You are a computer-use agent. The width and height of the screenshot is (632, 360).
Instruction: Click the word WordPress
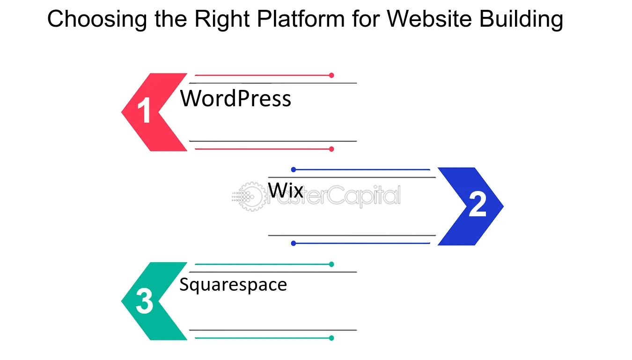(235, 98)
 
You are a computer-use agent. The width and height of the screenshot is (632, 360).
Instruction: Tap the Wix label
(286, 190)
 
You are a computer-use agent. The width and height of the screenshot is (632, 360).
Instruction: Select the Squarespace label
(233, 285)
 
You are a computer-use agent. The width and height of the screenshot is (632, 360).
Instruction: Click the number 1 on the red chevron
(144, 110)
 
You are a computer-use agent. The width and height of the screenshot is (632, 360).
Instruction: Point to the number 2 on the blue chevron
(478, 204)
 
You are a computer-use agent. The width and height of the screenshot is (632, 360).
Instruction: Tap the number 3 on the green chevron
(144, 301)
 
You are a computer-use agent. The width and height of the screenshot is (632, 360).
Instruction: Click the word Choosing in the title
(97, 19)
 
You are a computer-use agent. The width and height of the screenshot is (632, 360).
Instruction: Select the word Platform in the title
(301, 19)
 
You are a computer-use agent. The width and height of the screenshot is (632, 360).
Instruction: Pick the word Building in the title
(521, 19)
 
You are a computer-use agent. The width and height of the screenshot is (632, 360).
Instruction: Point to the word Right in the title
(222, 19)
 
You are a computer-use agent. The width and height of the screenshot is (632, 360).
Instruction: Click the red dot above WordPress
(331, 75)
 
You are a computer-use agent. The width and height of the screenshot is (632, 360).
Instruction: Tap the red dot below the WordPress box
(331, 149)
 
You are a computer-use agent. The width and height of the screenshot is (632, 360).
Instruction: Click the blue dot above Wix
(294, 169)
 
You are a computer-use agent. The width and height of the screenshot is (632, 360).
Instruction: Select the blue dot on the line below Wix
(294, 243)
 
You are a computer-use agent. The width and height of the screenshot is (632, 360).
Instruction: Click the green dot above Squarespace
(331, 264)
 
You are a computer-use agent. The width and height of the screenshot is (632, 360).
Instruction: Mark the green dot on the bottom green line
(331, 338)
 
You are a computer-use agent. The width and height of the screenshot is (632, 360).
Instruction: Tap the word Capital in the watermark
(365, 196)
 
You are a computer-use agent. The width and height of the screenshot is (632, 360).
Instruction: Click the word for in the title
(366, 19)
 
